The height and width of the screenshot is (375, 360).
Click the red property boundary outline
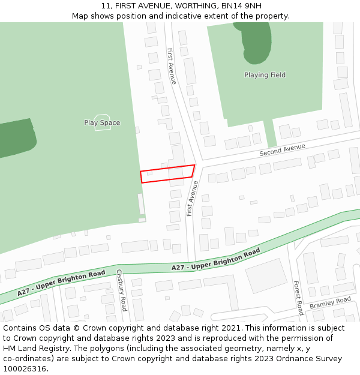tap(167, 173)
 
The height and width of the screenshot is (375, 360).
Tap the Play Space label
tap(102, 123)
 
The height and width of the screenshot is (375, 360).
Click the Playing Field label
tap(265, 75)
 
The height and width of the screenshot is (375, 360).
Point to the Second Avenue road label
tap(282, 150)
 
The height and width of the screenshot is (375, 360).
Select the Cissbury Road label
tap(121, 290)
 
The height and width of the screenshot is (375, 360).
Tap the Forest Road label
tap(298, 298)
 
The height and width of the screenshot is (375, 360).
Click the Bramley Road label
tap(330, 303)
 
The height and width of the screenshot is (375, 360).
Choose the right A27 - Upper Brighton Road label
tap(215, 259)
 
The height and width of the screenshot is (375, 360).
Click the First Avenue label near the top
tap(172, 65)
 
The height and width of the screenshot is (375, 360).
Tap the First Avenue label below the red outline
tap(192, 198)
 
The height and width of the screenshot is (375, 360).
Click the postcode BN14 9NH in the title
tap(241, 6)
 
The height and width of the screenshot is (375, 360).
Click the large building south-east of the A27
tap(266, 275)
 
